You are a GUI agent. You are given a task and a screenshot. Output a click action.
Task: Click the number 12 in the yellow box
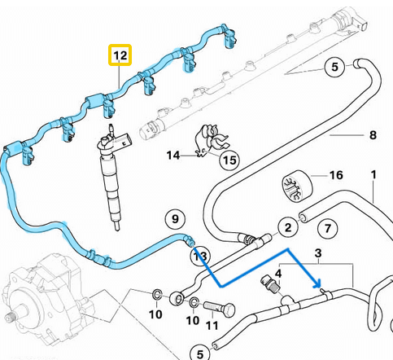tap(120, 56)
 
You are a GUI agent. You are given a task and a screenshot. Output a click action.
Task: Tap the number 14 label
tap(174, 155)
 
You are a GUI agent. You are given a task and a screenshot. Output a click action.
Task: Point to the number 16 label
tap(335, 175)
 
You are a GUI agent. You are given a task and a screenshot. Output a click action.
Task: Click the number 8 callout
tap(373, 134)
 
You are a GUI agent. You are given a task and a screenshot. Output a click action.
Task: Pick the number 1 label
tap(373, 174)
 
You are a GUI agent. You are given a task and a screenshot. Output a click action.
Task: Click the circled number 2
tap(286, 227)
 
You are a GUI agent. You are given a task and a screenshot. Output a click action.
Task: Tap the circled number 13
tap(198, 257)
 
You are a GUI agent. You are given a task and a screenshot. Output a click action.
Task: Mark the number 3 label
tap(318, 253)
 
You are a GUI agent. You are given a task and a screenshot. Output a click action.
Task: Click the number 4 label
tap(278, 273)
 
